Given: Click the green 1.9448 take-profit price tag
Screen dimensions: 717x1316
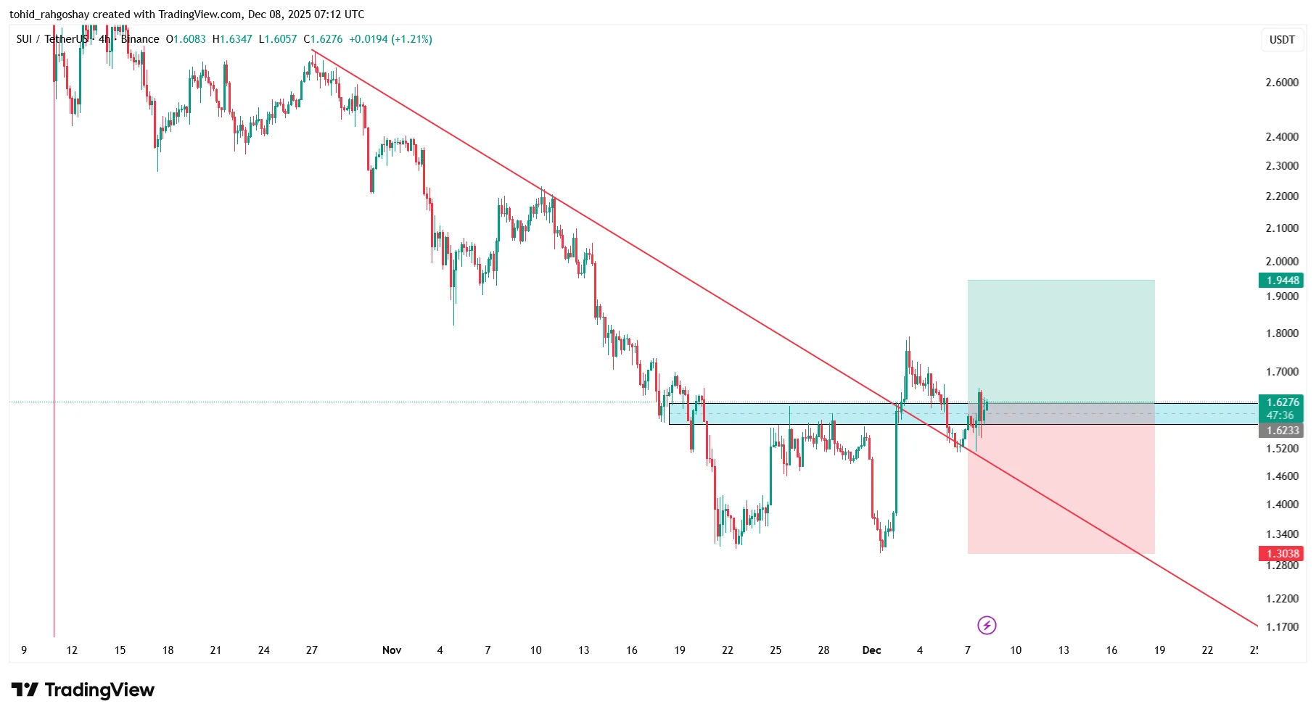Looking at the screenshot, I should coord(1281,281).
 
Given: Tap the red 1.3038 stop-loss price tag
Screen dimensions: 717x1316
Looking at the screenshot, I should coord(1281,554).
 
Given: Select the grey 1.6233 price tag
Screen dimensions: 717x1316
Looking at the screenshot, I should coord(1281,431).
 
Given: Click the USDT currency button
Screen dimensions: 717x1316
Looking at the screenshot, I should coord(1282,40).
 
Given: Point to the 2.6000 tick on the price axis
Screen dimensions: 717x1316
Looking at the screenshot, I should coord(1282,83).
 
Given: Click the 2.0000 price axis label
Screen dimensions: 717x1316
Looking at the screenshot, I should coord(1282,262).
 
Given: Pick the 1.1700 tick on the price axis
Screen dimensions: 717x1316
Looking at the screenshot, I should coord(1282,627).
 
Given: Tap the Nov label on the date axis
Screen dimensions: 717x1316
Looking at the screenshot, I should coord(392,650).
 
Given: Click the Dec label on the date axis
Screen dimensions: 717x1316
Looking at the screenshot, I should coord(871,650).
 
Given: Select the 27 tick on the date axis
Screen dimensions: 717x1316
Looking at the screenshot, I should coord(312,650).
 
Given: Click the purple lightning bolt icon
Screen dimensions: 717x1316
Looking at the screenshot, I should coord(987,625).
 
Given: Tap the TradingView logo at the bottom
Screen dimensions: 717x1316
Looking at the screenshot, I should coord(83,689).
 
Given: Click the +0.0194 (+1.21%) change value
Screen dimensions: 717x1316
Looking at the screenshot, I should coord(390,39).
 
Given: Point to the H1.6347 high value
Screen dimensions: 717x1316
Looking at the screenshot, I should coord(232,39).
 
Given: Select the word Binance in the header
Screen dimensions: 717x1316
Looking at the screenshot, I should coord(140,39).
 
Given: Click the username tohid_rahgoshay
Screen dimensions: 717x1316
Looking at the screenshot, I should coord(49,14).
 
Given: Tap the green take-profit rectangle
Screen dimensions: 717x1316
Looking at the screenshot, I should coord(1061,341).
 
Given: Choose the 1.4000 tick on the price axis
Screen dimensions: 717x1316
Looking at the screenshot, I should coord(1282,505).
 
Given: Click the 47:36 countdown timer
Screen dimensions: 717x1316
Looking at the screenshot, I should coord(1280,415).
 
